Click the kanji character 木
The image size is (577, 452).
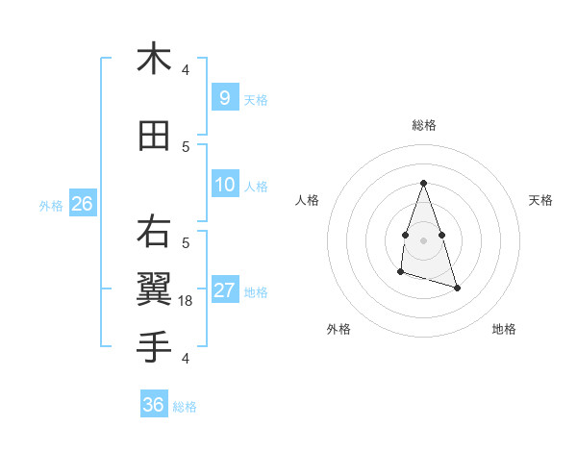click(154, 59)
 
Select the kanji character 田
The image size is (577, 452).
click(154, 137)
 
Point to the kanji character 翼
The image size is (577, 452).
click(154, 288)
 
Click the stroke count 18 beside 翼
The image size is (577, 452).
click(187, 301)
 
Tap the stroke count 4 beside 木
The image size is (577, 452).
click(186, 70)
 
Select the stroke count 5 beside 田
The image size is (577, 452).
click(186, 147)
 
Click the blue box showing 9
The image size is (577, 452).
click(224, 97)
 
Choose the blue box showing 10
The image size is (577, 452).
click(224, 185)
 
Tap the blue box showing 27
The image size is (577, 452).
click(224, 290)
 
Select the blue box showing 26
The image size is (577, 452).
click(82, 203)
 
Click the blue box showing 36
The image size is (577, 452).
click(153, 405)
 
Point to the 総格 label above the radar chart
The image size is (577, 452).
click(423, 125)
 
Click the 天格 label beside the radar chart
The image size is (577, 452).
click(540, 200)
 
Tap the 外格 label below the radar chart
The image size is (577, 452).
click(339, 329)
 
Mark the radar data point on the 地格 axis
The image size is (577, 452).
click(457, 288)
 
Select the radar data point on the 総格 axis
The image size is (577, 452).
click(423, 183)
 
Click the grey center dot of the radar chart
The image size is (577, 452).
click(423, 239)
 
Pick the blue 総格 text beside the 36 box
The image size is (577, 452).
click(185, 407)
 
